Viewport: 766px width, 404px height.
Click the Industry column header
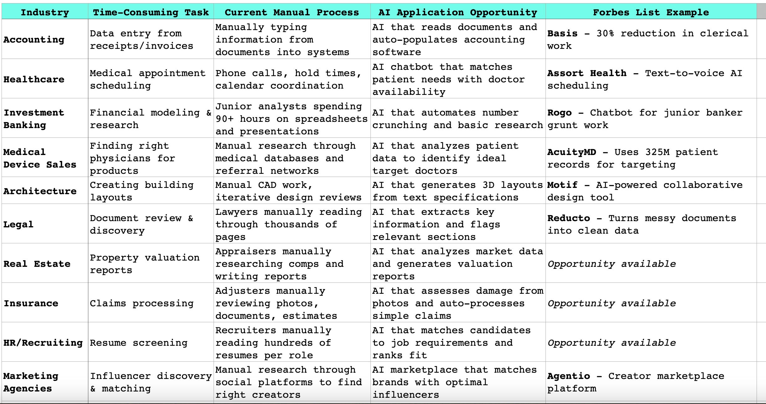pos(45,12)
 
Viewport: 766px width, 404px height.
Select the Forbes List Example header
pos(651,12)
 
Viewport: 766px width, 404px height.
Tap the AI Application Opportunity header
pos(458,12)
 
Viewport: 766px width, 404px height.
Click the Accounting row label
pos(34,39)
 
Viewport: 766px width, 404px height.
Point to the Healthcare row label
pos(34,79)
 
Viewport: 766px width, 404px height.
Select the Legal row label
pos(18,224)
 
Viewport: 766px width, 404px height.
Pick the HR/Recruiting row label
pos(43,343)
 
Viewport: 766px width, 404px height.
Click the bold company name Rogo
pos(559,113)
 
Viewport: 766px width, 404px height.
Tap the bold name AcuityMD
pos(572,152)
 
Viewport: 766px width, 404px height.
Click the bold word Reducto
pos(568,218)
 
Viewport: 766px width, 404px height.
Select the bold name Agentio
pos(568,376)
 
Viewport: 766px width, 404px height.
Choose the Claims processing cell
pos(142,303)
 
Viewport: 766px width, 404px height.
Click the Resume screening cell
pos(138,343)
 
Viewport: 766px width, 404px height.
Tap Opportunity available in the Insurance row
pos(611,303)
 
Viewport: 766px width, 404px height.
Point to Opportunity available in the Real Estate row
pos(611,264)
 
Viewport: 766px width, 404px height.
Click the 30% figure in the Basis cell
pos(605,34)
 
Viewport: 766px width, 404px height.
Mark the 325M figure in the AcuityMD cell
pos(657,152)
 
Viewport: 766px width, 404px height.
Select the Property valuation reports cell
pos(144,264)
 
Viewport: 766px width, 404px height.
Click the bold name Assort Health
pos(587,73)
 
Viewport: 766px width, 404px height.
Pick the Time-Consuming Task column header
pos(151,12)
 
